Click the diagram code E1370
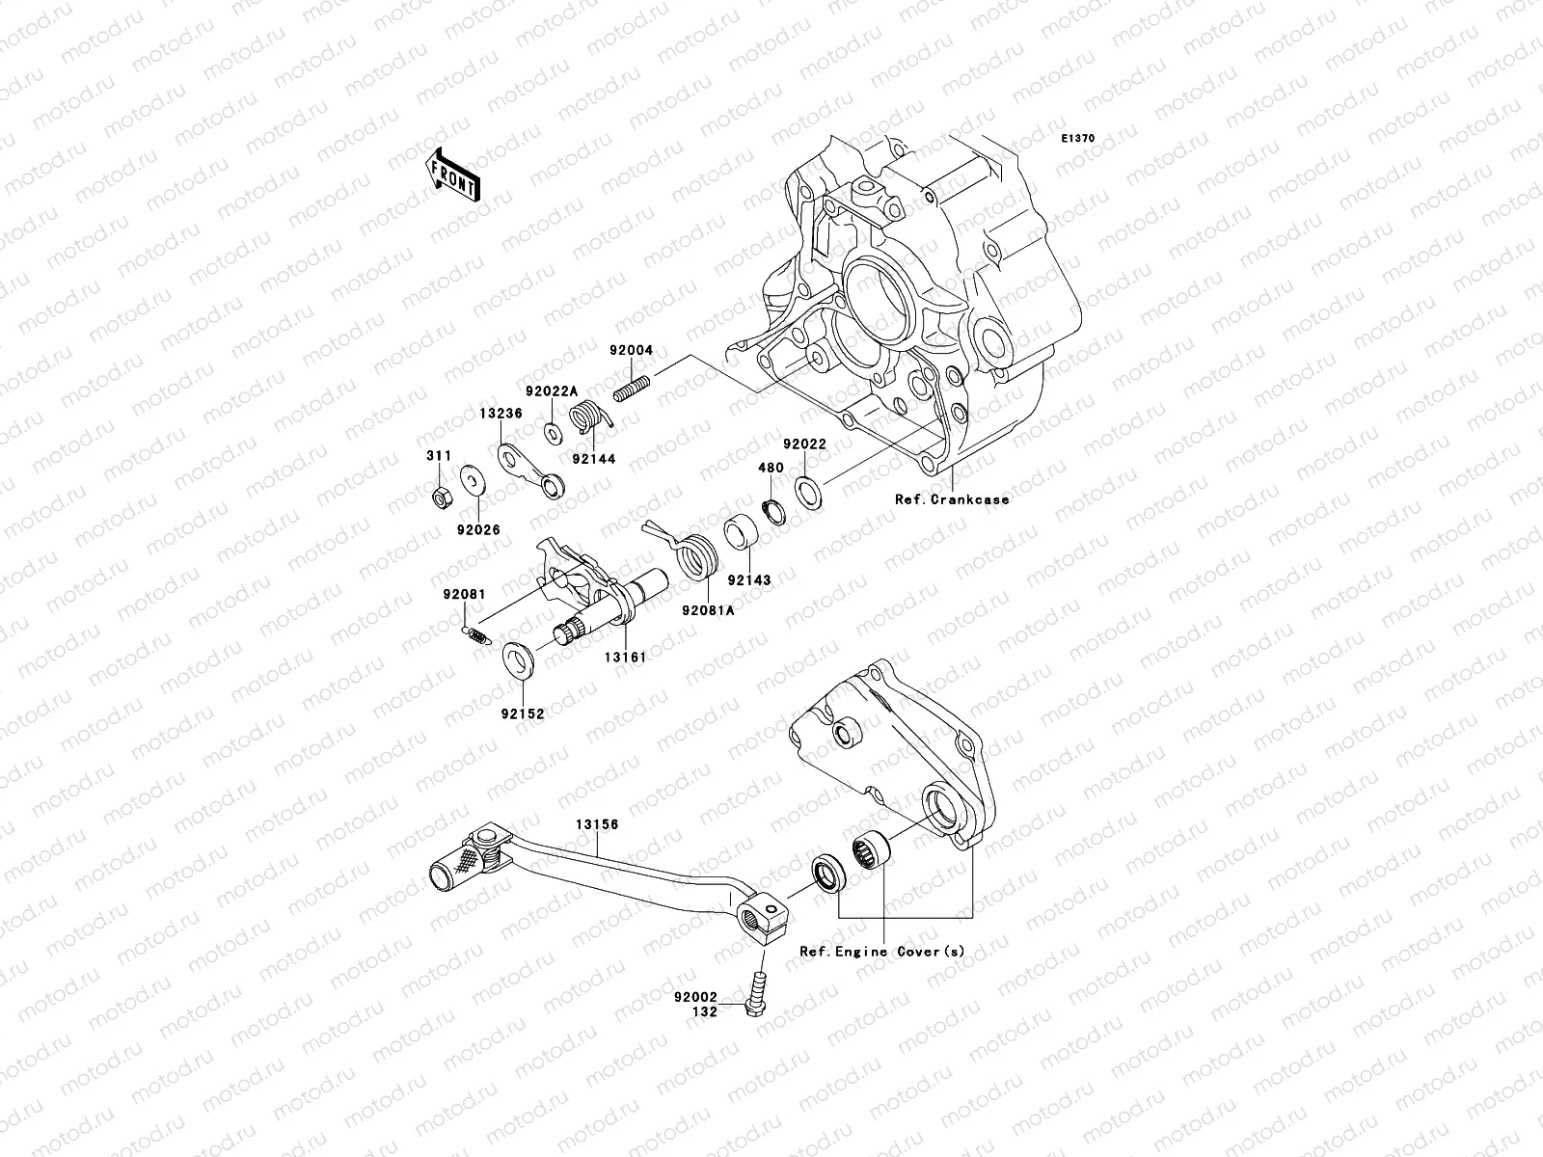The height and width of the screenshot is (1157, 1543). (x=1078, y=139)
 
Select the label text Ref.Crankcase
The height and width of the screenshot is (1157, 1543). (x=951, y=499)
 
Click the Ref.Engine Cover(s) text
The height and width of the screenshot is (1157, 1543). (x=881, y=951)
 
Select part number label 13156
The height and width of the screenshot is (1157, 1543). (x=597, y=824)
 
